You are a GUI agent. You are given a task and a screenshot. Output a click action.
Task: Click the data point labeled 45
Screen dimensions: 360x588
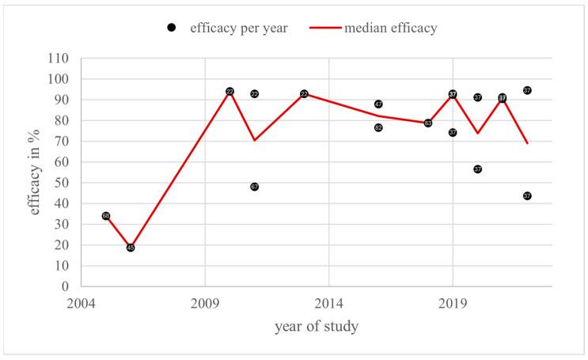[131, 248]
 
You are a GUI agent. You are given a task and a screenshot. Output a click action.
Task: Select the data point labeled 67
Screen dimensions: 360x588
[254, 187]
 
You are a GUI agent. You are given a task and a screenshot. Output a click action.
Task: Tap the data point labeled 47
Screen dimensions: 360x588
[378, 104]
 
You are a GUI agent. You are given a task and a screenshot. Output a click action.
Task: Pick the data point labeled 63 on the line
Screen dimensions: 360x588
[428, 123]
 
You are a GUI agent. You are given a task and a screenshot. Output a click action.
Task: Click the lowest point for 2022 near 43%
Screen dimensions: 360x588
[527, 196]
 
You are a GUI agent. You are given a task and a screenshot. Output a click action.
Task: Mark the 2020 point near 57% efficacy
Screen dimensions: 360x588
[477, 169]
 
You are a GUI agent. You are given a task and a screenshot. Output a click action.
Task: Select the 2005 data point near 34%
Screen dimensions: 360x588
[106, 216]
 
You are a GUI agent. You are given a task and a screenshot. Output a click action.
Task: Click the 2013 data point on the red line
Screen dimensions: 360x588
[304, 94]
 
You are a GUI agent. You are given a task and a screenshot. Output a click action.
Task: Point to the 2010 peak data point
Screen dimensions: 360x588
[230, 92]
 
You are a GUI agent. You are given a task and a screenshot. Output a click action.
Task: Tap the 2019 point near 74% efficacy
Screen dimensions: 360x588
[453, 133]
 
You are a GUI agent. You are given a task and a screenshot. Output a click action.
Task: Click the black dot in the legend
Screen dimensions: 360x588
[172, 28]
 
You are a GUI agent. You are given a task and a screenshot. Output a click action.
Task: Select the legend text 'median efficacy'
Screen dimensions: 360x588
[390, 28]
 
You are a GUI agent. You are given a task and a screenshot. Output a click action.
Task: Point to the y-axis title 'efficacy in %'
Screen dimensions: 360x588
[36, 172]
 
